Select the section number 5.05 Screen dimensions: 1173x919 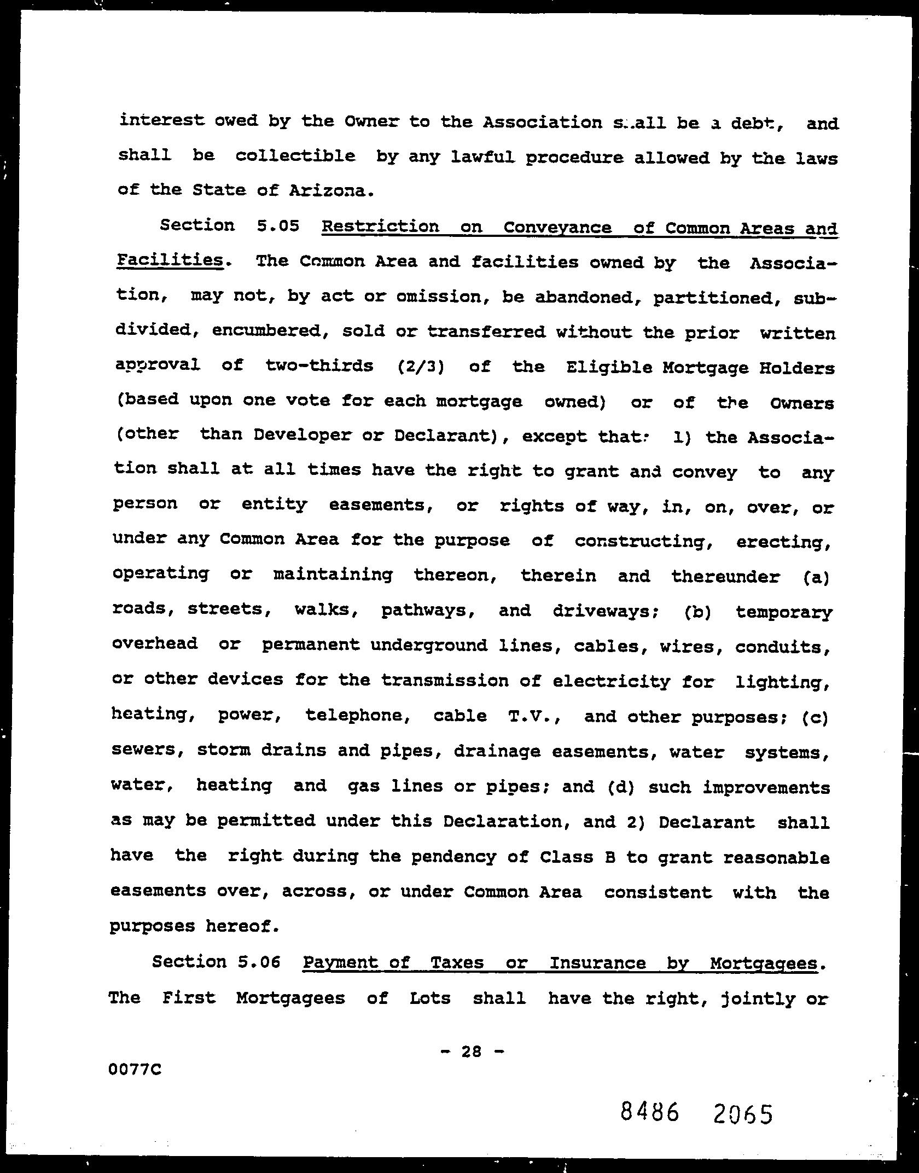coord(277,225)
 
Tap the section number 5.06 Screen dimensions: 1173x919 coord(259,962)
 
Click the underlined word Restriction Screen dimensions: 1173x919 coord(381,226)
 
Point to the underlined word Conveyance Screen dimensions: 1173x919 coord(557,227)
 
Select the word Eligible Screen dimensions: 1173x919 coord(608,367)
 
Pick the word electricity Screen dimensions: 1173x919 coord(611,682)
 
